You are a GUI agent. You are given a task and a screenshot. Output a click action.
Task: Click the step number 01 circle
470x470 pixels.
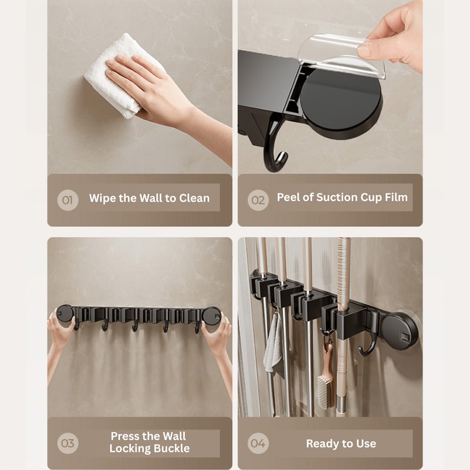pos(68,200)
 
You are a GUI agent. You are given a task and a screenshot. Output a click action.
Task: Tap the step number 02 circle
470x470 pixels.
pos(258,200)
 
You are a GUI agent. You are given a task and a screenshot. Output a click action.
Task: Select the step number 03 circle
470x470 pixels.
pos(68,443)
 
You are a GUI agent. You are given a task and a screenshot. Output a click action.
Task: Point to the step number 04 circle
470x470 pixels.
pos(258,443)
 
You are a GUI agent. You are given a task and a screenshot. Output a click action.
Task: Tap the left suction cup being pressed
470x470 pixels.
pos(65,313)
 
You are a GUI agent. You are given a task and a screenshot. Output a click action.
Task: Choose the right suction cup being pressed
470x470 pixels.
pos(211,315)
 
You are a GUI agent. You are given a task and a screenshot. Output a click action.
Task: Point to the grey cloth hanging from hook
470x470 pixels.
pos(274,343)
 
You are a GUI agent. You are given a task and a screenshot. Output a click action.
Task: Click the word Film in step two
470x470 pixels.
pos(396,197)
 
